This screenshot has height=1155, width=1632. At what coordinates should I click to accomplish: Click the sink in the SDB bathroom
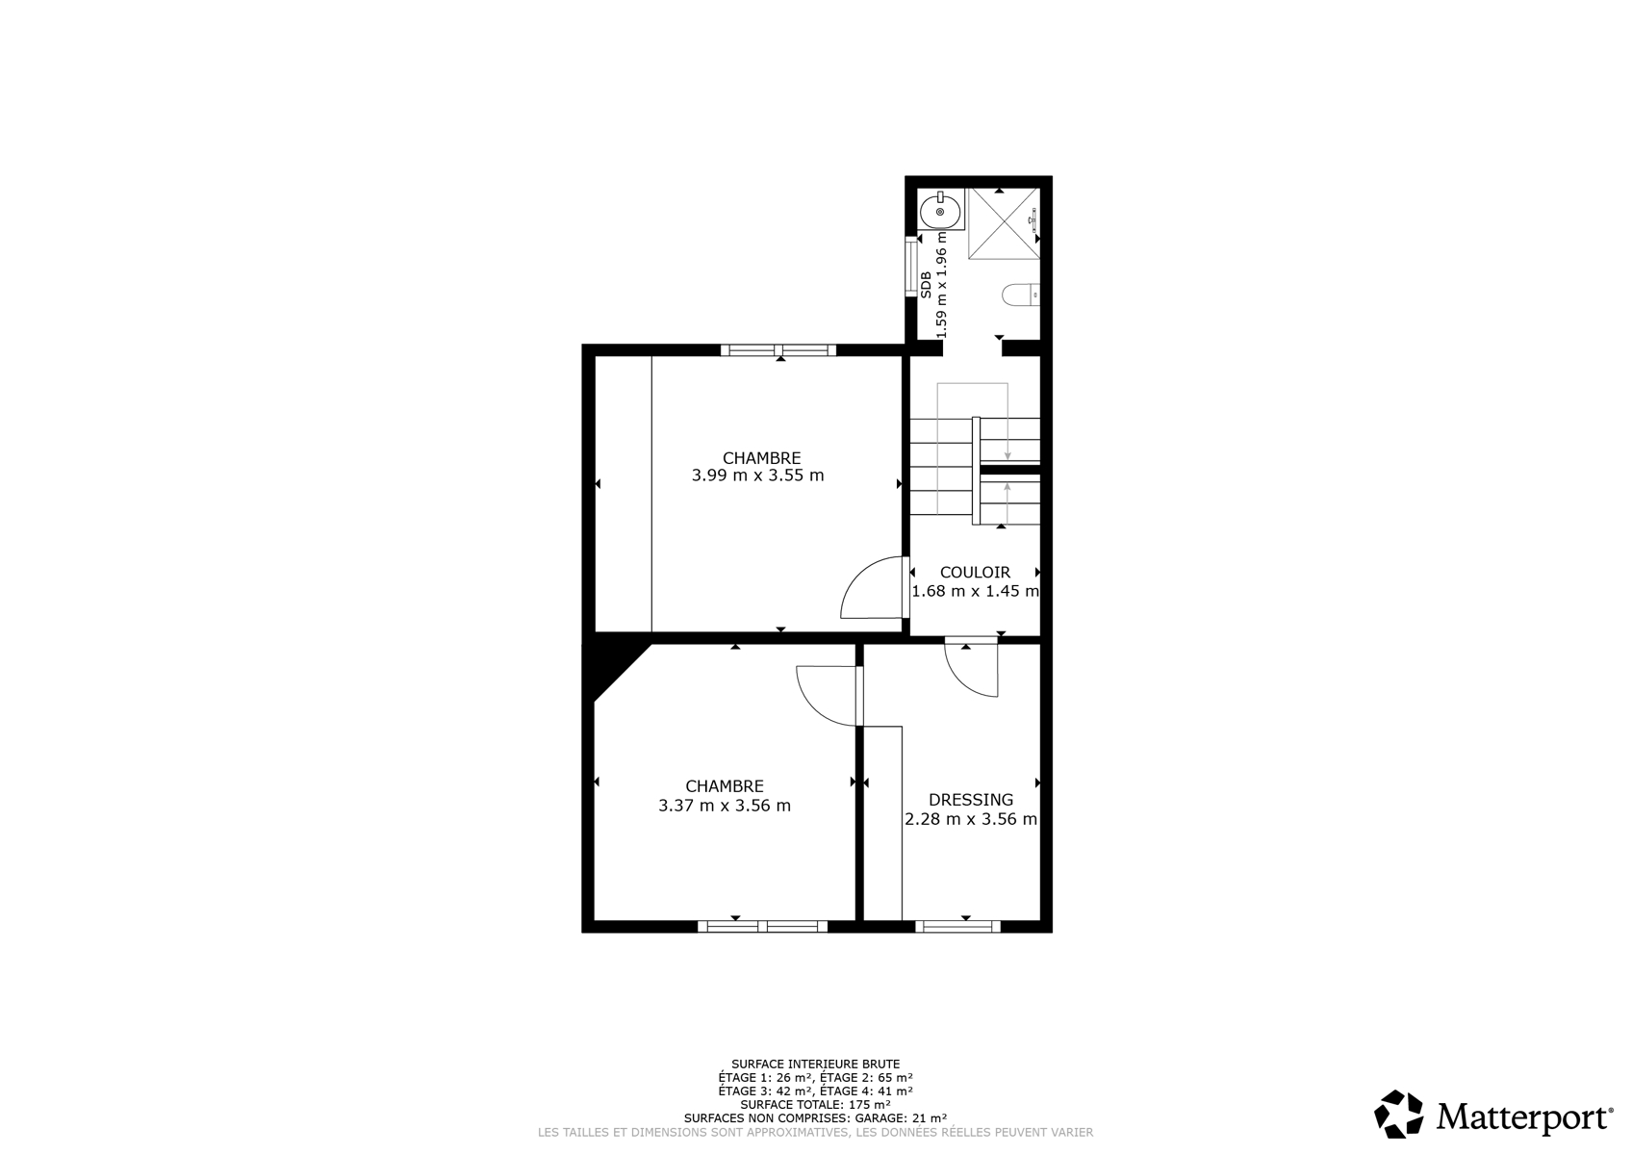click(x=940, y=210)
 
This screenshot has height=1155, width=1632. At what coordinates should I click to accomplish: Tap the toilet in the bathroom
click(x=1021, y=295)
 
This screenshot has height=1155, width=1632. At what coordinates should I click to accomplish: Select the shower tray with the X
click(x=1004, y=223)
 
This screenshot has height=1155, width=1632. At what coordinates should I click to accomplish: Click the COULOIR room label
click(x=975, y=573)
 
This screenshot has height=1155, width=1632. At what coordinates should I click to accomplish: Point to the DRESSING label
click(x=971, y=800)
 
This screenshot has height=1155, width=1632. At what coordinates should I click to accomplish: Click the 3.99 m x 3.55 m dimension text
click(x=757, y=475)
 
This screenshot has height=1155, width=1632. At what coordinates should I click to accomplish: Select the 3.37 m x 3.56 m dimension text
click(x=725, y=806)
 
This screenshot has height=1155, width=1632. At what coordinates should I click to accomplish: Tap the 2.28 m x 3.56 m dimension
click(x=971, y=819)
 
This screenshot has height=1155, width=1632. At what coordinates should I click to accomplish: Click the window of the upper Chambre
click(x=778, y=350)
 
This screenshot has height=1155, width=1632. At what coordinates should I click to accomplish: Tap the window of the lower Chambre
click(x=762, y=927)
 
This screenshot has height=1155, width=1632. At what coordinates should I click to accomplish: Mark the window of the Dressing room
click(x=957, y=927)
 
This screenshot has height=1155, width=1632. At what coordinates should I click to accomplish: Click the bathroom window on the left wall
click(x=910, y=267)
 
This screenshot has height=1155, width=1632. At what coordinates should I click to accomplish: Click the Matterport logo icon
click(x=1398, y=1115)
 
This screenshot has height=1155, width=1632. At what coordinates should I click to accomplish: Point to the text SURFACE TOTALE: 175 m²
click(x=815, y=1104)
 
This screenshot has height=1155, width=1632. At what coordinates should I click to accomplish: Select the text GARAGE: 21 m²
click(x=901, y=1117)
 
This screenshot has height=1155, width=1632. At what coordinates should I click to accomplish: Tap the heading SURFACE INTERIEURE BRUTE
click(x=815, y=1064)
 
